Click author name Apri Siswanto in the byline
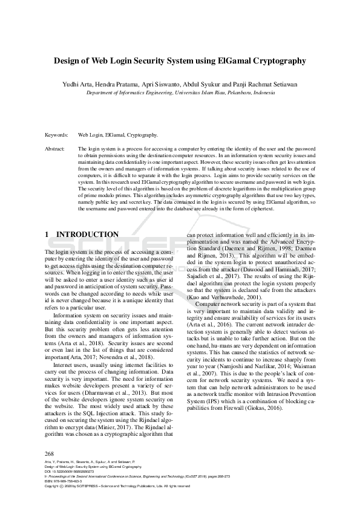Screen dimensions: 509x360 pos(162,85)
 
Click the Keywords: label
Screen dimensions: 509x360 pos(57,135)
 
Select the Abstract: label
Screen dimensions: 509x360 pos(56,148)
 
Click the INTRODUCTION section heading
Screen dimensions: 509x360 pos(87,235)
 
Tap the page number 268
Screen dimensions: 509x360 pos(50,453)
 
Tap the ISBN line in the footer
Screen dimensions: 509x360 pos(64,481)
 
